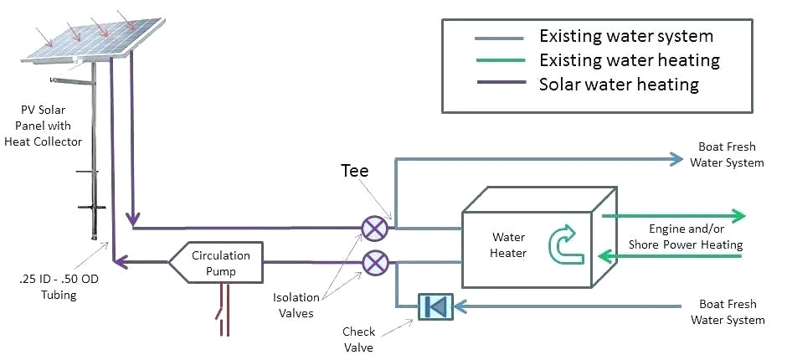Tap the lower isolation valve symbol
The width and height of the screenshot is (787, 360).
tap(373, 263)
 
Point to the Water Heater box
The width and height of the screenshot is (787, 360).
tap(527, 239)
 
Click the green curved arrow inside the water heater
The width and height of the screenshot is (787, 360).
tap(563, 242)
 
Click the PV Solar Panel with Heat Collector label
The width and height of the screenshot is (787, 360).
tap(52, 126)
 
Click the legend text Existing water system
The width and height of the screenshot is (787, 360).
tap(626, 36)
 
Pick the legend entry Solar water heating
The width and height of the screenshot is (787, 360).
tap(618, 85)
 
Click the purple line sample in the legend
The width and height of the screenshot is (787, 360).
tap(500, 85)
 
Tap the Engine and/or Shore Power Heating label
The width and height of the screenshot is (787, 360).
tap(696, 236)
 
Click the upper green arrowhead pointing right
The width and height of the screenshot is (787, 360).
tap(736, 215)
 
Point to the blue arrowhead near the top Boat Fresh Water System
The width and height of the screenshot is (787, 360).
tap(675, 158)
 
